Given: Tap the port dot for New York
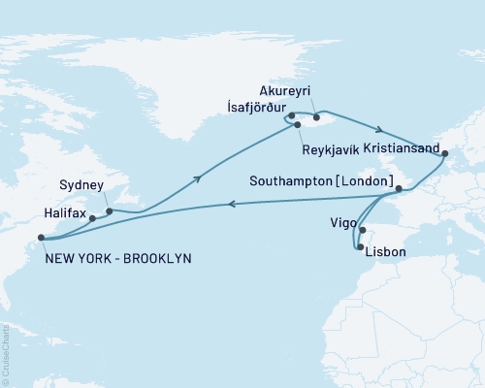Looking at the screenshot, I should [41, 237].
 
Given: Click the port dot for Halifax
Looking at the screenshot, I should [92, 218].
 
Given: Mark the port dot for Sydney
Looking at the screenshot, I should [109, 210].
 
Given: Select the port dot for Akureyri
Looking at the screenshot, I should [316, 118].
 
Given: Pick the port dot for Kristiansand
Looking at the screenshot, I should [444, 152].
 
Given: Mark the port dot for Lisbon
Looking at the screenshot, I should [361, 248].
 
